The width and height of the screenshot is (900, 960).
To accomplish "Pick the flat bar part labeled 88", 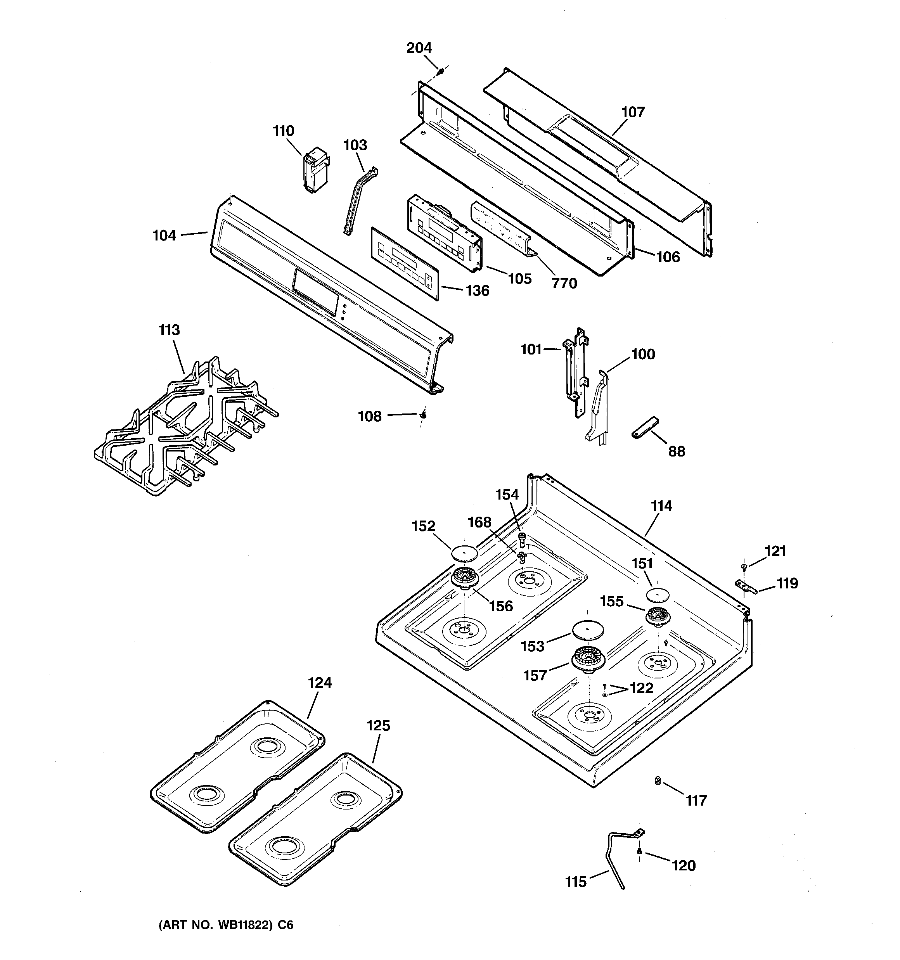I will pos(644,428).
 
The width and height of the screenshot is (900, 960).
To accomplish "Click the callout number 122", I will pos(641,688).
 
